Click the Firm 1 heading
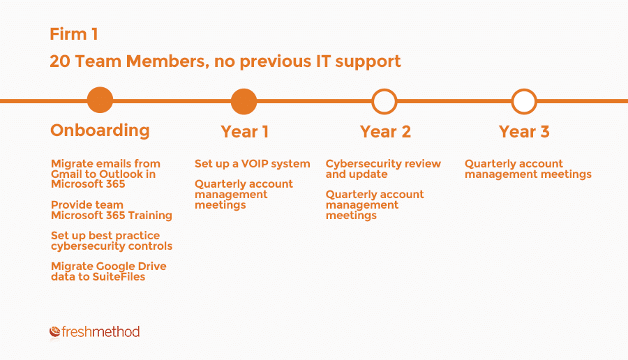(74, 34)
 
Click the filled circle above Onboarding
(100, 100)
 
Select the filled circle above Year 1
(244, 101)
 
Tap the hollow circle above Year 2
(384, 101)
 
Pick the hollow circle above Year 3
(524, 101)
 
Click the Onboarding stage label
(100, 130)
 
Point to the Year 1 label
(244, 132)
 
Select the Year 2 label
(385, 132)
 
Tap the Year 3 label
(524, 132)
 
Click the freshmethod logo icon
(55, 331)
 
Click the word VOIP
(255, 164)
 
